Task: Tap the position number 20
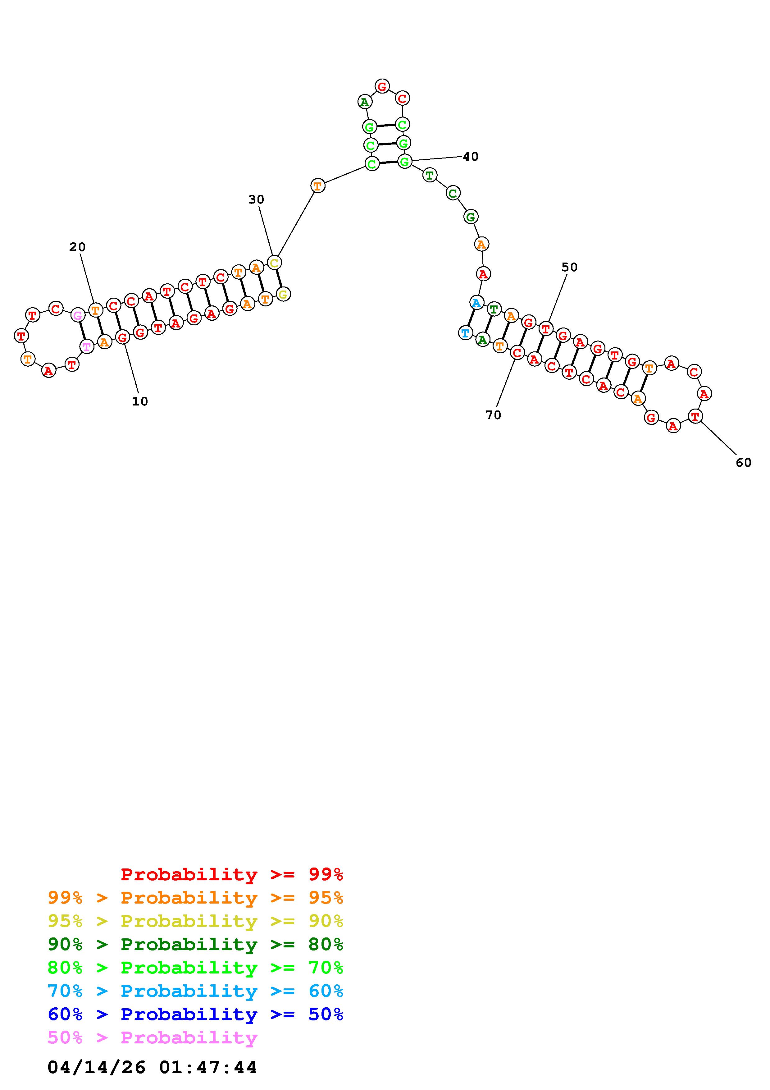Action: tap(77, 247)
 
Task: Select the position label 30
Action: tap(256, 199)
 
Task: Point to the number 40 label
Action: tap(471, 157)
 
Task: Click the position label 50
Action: tap(569, 267)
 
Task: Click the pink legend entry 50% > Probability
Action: tap(153, 1037)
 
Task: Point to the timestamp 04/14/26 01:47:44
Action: tap(152, 1067)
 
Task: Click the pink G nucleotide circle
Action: tap(77, 315)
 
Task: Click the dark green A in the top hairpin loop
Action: tap(364, 102)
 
